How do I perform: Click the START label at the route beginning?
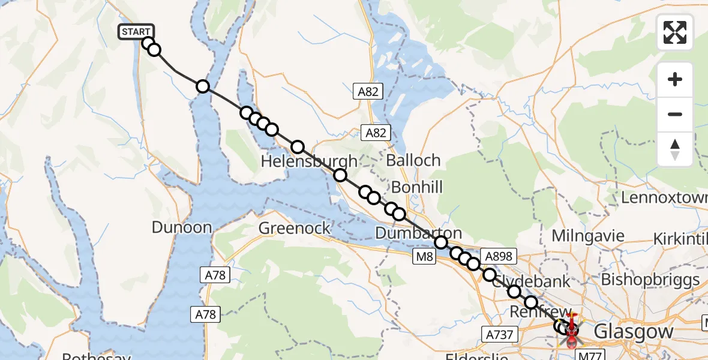[137, 32]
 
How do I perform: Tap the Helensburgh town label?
[309, 161]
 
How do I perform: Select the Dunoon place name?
[182, 227]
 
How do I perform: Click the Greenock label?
[295, 228]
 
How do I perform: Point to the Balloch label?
[413, 161]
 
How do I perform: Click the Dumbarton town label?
[418, 233]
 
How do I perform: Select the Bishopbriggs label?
[650, 280]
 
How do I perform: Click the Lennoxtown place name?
[664, 197]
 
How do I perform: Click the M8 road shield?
[425, 257]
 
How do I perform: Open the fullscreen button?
[675, 32]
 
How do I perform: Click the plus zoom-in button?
[675, 79]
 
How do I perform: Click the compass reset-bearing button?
[675, 148]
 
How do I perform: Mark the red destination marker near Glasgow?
[571, 327]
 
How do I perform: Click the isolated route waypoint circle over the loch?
[203, 86]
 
